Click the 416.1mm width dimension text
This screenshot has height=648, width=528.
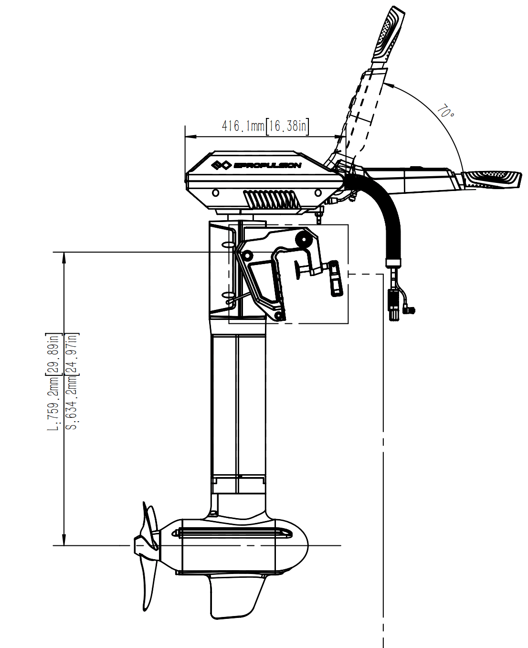point(265,126)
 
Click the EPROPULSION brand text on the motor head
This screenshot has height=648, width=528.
point(267,165)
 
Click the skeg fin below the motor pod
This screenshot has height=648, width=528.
point(234,597)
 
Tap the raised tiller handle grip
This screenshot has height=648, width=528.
point(389,33)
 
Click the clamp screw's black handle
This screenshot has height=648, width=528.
point(336,279)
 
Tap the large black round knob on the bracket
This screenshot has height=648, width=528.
point(303,239)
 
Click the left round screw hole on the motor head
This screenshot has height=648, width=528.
point(216,192)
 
